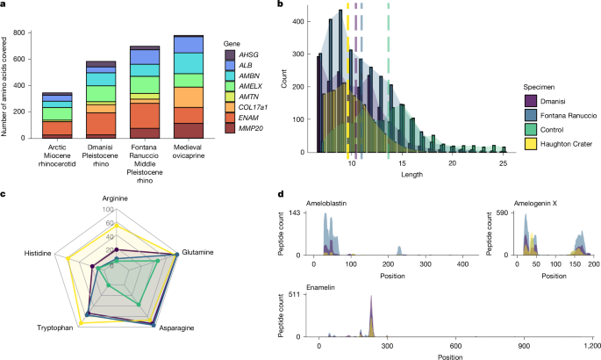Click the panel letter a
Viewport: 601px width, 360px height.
(4, 6)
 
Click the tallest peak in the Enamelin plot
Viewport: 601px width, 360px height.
(373, 299)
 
